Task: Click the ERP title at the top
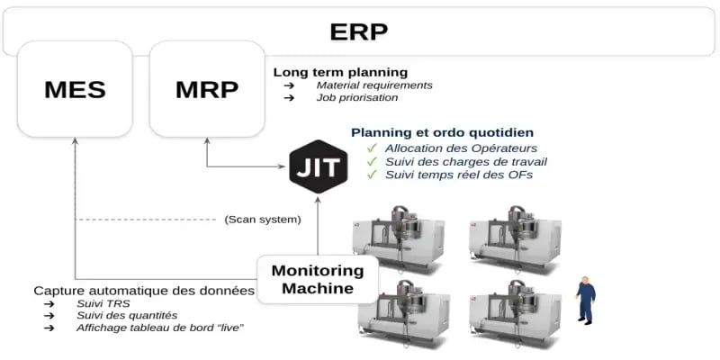coord(359,31)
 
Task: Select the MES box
coord(75,90)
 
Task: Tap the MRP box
coord(206,90)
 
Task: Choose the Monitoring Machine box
coord(317,279)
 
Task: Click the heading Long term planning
coord(340,72)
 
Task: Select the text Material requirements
coord(374,85)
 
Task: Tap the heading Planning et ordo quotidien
coord(442,131)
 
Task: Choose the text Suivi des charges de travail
coord(466,161)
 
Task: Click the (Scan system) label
coord(262,219)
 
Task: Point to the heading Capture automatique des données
coord(144,291)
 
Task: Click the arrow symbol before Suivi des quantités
coord(49,316)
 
